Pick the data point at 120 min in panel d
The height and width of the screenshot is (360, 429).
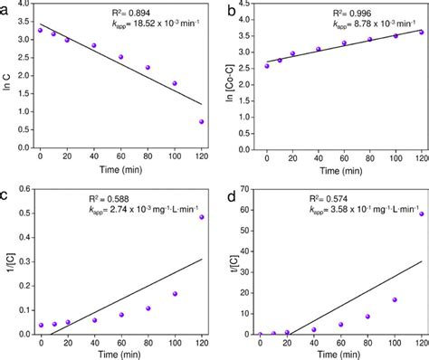pos(421,213)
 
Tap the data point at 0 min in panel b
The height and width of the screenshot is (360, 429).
pos(266,65)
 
